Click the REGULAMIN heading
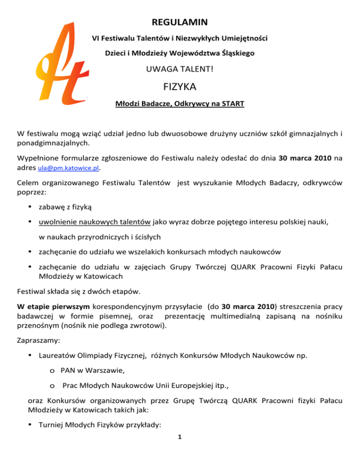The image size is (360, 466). pyautogui.click(x=180, y=22)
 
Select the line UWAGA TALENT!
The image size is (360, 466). pyautogui.click(x=180, y=71)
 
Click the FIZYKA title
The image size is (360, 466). pyautogui.click(x=180, y=87)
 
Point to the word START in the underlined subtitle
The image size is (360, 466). pyautogui.click(x=232, y=104)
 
